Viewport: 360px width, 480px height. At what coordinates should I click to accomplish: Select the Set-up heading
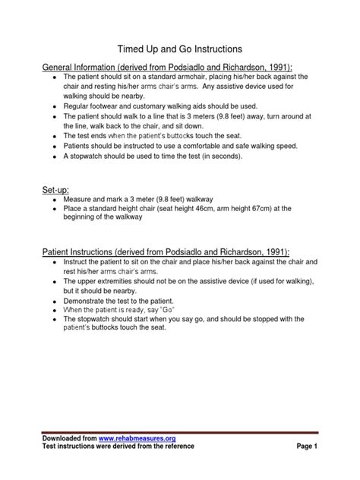coord(56,188)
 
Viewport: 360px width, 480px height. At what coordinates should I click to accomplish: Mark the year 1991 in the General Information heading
coord(278,65)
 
